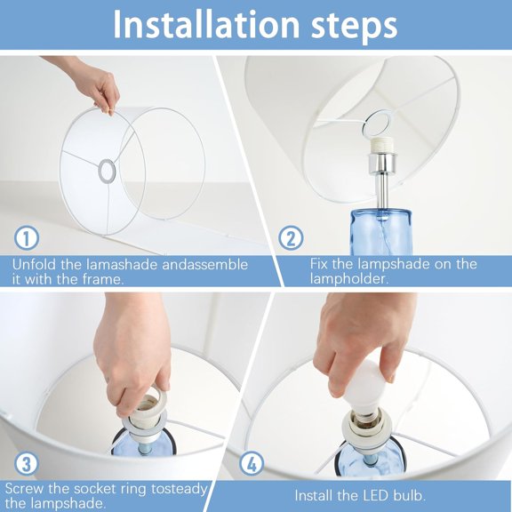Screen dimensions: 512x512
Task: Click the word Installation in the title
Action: click(205, 24)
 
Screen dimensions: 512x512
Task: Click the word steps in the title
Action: click(354, 27)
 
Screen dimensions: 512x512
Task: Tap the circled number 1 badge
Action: click(27, 239)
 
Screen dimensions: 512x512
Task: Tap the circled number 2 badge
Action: click(291, 239)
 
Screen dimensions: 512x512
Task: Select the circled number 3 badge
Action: click(27, 464)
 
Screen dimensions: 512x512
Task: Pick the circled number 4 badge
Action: click(252, 464)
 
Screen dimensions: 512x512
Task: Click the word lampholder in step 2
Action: click(349, 279)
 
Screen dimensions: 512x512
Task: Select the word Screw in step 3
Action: click(24, 489)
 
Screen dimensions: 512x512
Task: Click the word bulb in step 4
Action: click(410, 495)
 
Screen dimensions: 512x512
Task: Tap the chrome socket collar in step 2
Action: click(382, 164)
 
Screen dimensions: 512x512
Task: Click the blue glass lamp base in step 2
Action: click(380, 232)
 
